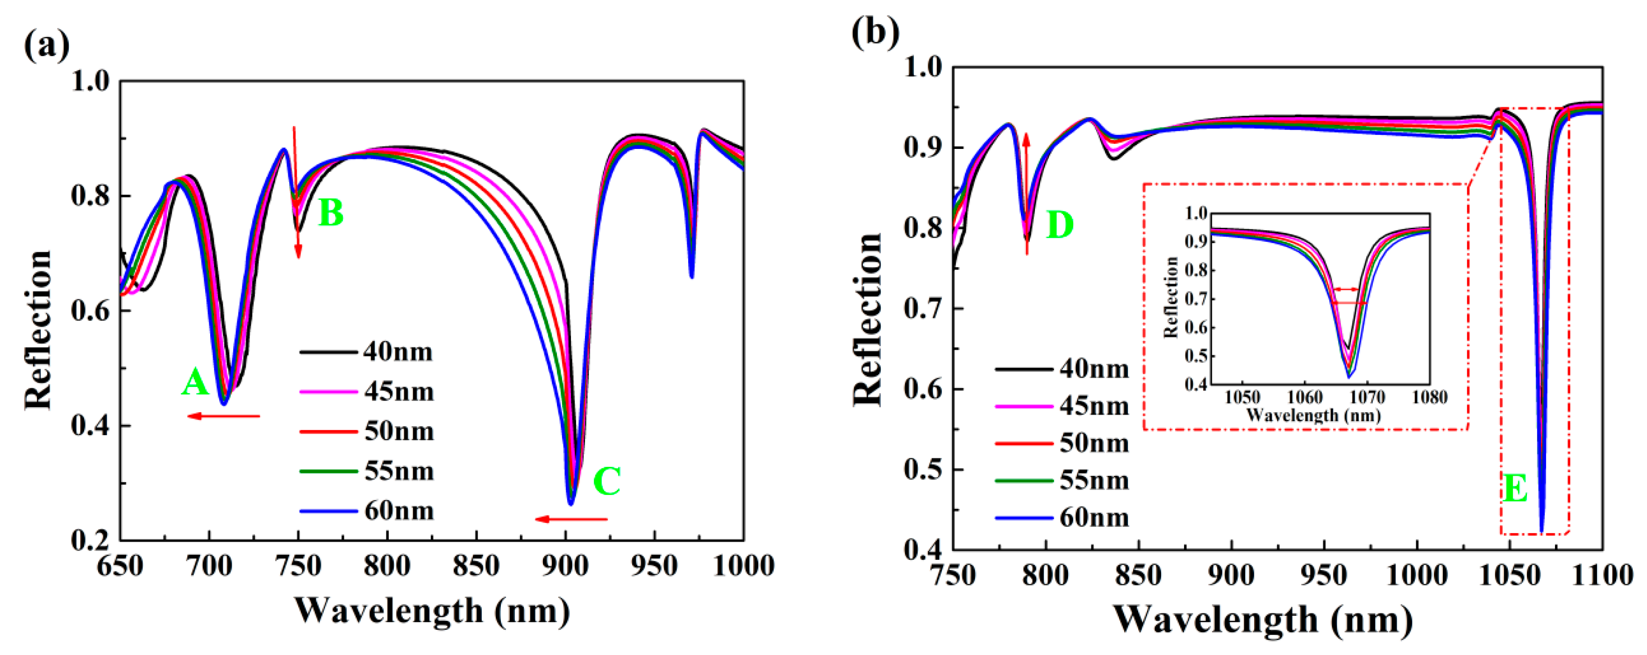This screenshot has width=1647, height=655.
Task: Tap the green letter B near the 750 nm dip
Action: point(330,213)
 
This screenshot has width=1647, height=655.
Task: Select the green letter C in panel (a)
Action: point(607,481)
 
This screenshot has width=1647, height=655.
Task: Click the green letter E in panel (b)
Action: point(1515,489)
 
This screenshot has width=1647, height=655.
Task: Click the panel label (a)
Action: point(46,45)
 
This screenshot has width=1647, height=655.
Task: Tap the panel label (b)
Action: point(875,31)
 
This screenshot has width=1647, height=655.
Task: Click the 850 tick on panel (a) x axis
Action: point(476,566)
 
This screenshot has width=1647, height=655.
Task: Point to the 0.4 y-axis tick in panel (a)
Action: point(90,426)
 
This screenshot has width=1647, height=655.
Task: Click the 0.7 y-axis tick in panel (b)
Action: point(925,309)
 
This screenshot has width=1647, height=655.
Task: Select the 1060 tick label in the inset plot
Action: point(1305,397)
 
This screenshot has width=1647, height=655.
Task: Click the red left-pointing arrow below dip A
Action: point(224,416)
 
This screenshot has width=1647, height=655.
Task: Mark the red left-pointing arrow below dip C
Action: point(571,519)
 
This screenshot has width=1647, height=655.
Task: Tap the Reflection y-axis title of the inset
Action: point(1171,297)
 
